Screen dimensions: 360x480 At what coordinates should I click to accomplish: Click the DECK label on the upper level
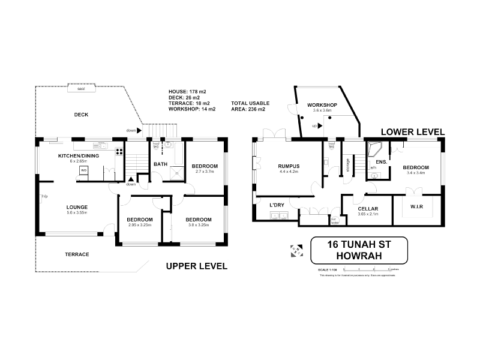(x=82, y=115)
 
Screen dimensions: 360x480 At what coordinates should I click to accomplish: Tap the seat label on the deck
(x=80, y=88)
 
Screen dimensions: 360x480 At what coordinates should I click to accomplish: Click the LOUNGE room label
(x=77, y=206)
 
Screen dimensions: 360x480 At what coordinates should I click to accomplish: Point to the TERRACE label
(x=77, y=254)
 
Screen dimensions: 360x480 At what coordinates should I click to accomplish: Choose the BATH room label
(x=161, y=164)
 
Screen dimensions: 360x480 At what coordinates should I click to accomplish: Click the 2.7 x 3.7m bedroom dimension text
(x=205, y=172)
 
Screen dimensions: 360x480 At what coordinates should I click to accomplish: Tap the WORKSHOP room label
(x=322, y=105)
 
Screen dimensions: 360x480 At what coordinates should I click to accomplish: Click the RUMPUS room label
(x=289, y=166)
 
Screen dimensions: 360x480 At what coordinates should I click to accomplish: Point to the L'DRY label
(x=277, y=205)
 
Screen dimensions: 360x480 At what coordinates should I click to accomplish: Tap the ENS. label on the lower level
(x=381, y=163)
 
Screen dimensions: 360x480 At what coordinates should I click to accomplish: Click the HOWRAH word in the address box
(x=359, y=256)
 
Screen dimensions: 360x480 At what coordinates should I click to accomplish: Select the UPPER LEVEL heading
(x=196, y=266)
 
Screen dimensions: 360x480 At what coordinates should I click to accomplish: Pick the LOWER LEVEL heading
(x=412, y=131)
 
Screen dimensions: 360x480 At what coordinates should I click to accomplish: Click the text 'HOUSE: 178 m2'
(x=188, y=91)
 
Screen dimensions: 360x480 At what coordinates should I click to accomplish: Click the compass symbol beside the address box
(x=296, y=250)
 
